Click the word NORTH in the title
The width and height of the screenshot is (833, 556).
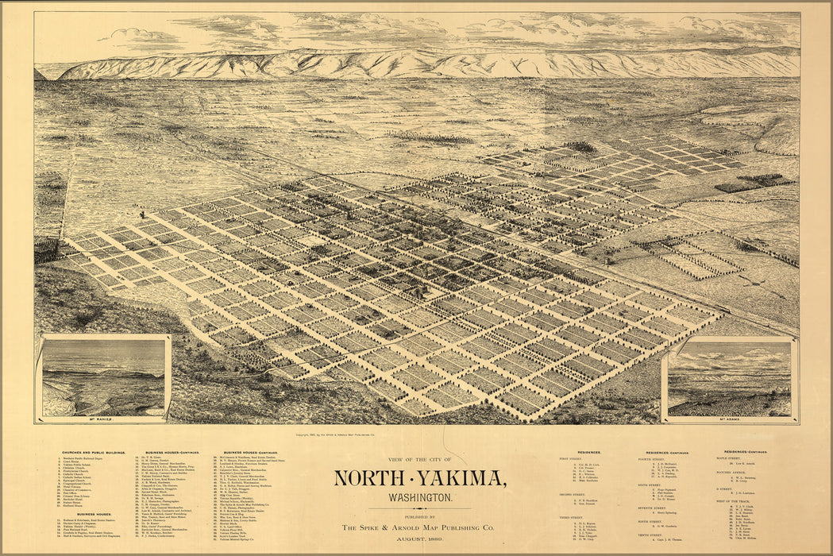coord(371,478)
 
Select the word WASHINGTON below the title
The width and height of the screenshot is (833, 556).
coord(416,497)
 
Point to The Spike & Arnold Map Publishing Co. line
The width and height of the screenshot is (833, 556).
coord(416,527)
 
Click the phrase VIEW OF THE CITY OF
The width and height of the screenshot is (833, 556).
coord(416,460)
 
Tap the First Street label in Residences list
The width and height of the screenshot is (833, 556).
coord(571,458)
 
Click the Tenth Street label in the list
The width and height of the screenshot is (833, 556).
coord(650,535)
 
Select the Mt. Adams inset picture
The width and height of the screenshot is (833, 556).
coord(729,377)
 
